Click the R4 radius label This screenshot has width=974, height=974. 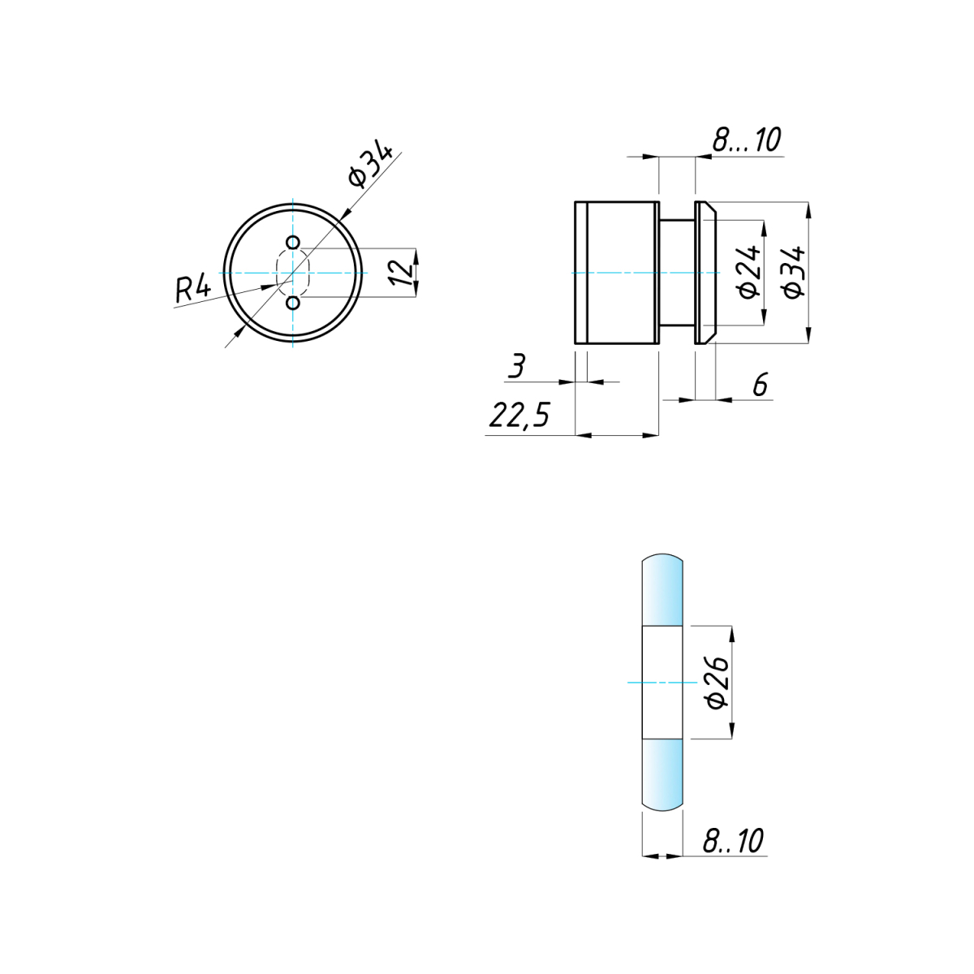click(x=193, y=290)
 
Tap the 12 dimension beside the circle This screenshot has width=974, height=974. click(x=403, y=273)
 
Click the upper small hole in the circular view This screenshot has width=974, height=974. click(x=293, y=243)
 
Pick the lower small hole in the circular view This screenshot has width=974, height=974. click(x=293, y=303)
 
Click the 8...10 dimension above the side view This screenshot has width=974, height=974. click(x=747, y=139)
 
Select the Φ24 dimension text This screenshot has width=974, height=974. click(x=748, y=272)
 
